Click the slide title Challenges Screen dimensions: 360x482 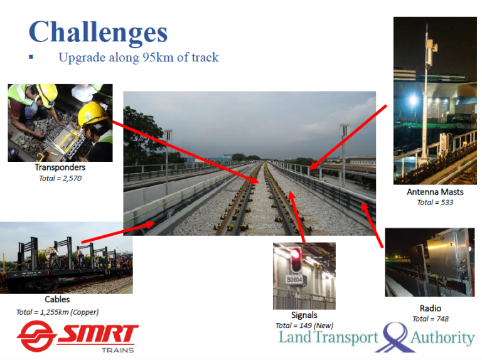click(x=98, y=31)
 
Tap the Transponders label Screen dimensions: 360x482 click(x=60, y=168)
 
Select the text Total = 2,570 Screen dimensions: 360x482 click(x=60, y=179)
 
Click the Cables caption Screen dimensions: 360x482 click(x=57, y=300)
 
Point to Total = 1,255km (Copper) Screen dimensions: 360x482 click(x=57, y=312)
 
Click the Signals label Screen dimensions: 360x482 click(x=304, y=315)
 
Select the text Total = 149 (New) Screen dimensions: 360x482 click(x=304, y=326)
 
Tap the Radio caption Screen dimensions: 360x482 click(x=431, y=308)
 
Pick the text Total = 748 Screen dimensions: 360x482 click(x=431, y=319)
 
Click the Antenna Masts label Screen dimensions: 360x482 click(x=435, y=192)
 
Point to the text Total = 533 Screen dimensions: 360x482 click(x=435, y=203)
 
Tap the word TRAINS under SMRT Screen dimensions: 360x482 click(x=118, y=349)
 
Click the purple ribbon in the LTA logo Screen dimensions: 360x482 click(x=395, y=336)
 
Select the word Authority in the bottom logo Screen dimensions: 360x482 click(x=442, y=339)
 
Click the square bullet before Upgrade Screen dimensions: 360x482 click(x=31, y=57)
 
